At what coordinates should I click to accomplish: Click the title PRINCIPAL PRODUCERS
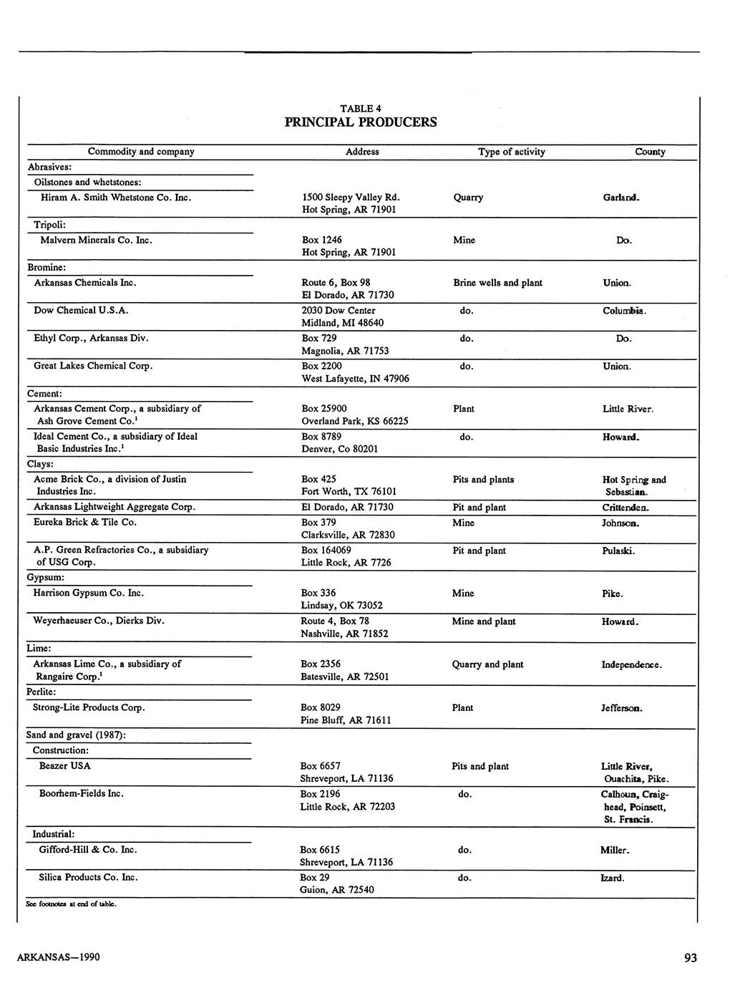360,122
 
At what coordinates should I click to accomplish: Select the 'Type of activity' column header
511,152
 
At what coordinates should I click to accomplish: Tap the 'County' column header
650,152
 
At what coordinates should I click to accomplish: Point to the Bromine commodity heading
47,267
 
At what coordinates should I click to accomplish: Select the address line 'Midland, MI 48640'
342,323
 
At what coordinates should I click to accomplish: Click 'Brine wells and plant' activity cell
497,283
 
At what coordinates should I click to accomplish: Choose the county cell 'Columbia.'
624,311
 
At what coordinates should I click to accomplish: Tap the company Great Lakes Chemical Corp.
93,366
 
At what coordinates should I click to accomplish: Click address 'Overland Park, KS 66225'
354,421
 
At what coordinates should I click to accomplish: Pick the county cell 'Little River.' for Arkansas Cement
628,409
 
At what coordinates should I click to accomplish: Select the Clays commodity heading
41,464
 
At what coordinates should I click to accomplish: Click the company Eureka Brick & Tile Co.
84,522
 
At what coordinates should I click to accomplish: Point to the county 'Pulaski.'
618,551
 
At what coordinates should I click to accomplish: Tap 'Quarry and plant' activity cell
487,664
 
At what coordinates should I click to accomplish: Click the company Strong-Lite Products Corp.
89,707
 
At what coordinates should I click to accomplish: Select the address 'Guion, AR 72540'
336,890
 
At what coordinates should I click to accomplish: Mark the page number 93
690,958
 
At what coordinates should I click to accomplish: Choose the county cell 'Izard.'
612,878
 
